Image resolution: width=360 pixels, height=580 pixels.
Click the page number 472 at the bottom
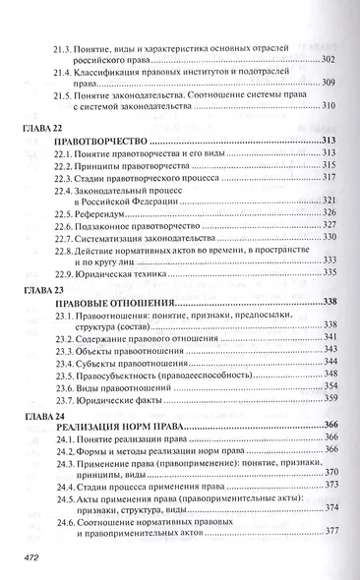click(x=34, y=556)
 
